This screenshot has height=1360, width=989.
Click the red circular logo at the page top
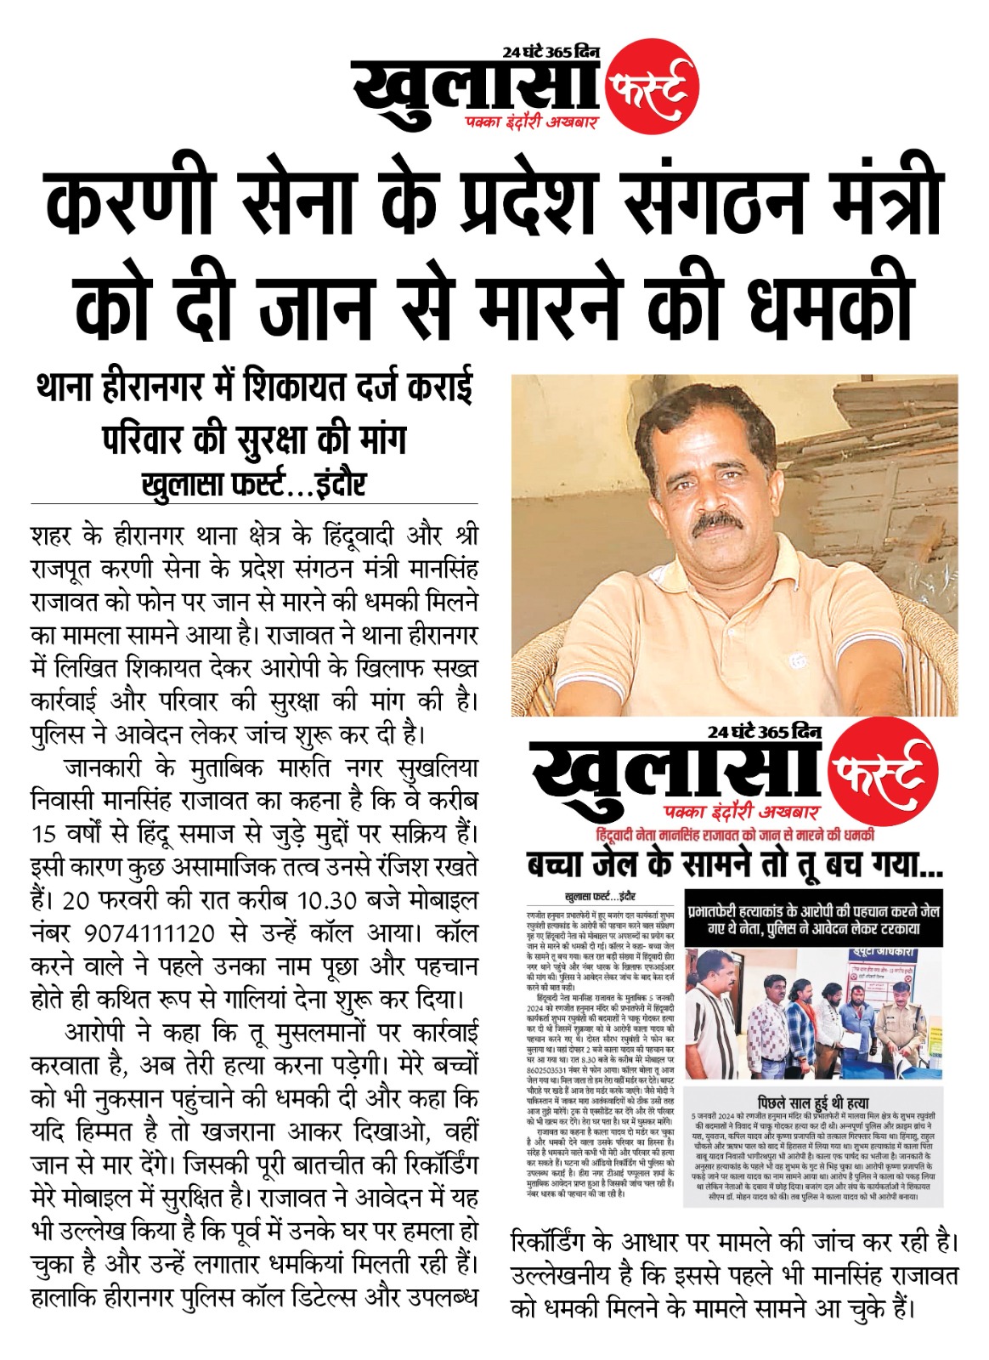(653, 87)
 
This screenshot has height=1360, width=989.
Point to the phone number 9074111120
(149, 933)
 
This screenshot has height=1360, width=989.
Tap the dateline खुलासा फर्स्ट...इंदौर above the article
(254, 484)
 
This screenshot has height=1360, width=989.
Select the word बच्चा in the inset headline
(557, 865)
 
